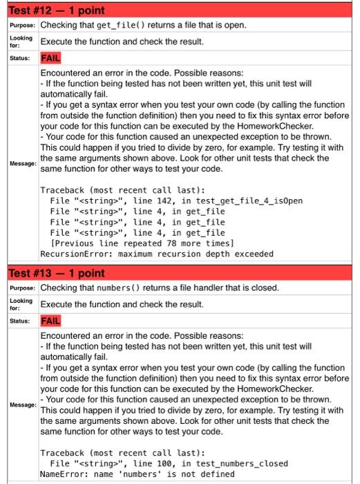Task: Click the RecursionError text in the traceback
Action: click(x=75, y=254)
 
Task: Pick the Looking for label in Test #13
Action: click(x=21, y=304)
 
